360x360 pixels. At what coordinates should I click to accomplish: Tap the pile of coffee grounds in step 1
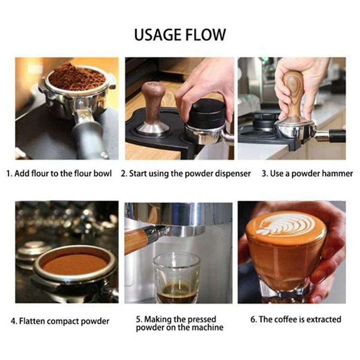pos(76,77)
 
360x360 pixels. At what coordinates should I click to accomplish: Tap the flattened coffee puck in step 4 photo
pos(74,264)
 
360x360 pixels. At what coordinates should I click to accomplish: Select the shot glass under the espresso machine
pos(176,277)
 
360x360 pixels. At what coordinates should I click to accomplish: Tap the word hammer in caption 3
pos(339,174)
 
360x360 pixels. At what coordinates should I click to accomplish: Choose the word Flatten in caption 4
pos(32,321)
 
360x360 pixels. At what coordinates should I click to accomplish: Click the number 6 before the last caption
pos(253,319)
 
